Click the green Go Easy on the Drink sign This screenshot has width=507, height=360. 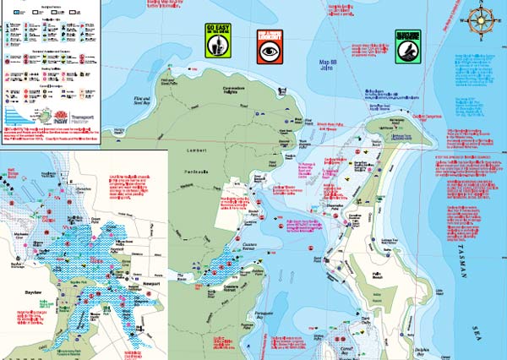click(x=218, y=42)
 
